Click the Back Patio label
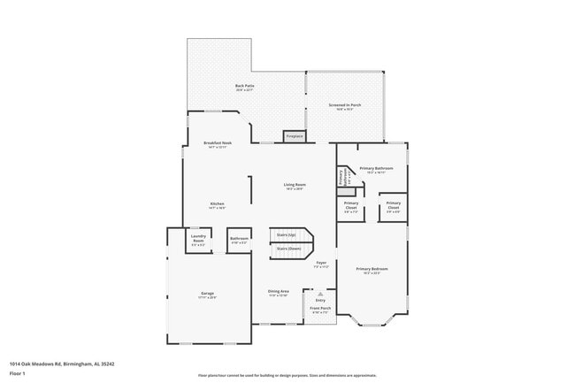(244, 87)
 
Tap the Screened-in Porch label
(345, 105)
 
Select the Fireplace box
(294, 136)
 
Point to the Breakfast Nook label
(218, 143)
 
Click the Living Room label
(295, 185)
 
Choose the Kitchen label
(218, 204)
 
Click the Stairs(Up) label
(287, 234)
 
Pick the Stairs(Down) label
(288, 249)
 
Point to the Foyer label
(322, 263)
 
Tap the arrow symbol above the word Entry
(309, 294)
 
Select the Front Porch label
(320, 310)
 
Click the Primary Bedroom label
(372, 269)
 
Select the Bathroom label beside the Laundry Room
(239, 238)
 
